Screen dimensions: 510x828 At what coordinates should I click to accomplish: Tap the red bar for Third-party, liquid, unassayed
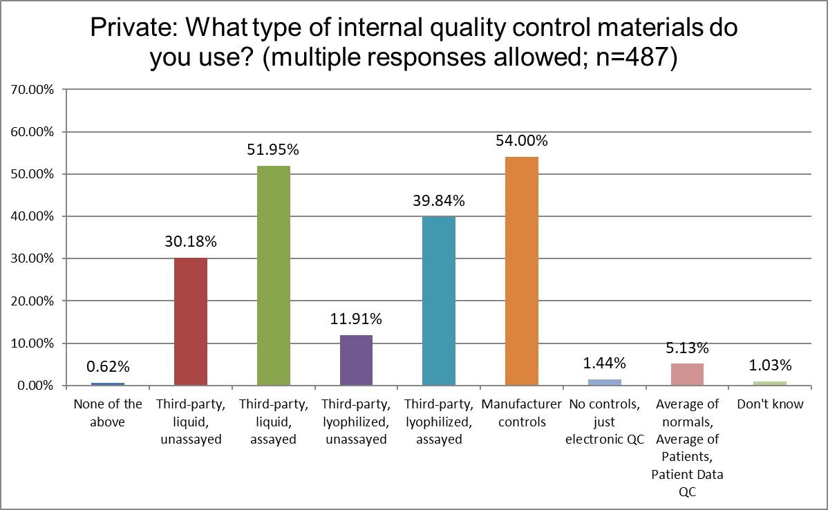point(190,321)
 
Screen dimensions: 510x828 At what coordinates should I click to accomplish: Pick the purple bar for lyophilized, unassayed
point(356,360)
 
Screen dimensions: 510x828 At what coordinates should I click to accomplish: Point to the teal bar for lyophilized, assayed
point(439,301)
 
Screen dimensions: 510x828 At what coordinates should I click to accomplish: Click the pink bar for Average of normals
point(687,374)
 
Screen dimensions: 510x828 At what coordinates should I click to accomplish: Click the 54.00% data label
point(522,141)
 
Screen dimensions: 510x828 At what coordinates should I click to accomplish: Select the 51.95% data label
point(273,150)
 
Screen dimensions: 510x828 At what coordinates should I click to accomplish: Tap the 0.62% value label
point(107,367)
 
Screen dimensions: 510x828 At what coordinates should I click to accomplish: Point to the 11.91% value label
point(356,319)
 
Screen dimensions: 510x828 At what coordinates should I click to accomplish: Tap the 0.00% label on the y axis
point(34,386)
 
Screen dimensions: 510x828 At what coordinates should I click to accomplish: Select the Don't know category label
point(770,404)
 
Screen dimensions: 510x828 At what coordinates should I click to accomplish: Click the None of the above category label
point(107,413)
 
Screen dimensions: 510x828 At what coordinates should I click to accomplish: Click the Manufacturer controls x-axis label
point(522,413)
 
